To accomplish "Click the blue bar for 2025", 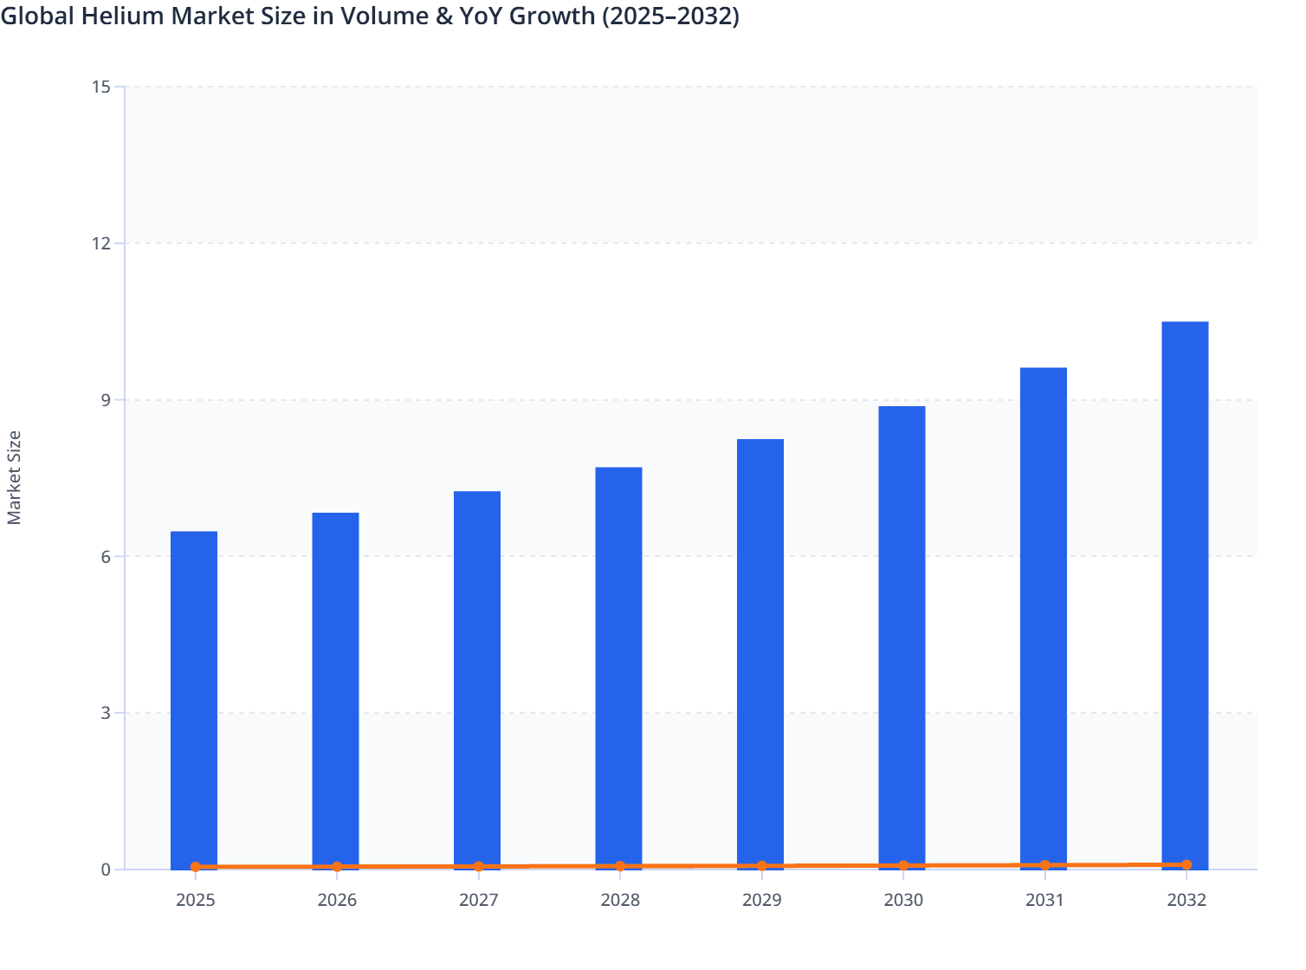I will pos(194,700).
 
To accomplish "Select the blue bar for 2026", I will pos(335,690).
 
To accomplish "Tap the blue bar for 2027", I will pos(477,680).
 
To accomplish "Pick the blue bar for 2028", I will pos(618,668).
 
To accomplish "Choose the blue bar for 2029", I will pos(760,654).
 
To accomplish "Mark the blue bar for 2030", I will pos(902,637).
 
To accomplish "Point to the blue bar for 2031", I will pos(1044,618).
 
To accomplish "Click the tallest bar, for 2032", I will pos(1185,595).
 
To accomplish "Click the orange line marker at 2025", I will pos(196,867).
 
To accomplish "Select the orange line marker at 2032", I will pos(1186,864).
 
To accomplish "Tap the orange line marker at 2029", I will pos(762,866).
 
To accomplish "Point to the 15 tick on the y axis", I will pos(101,87).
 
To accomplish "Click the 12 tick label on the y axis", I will pos(101,243).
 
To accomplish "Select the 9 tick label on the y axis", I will pos(106,400).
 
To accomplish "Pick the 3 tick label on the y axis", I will pos(106,713).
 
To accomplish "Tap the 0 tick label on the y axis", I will pos(106,870).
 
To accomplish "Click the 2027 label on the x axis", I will pos(478,900).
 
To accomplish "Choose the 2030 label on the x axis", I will pos(903,900).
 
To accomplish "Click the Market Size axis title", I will pos(14,477).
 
